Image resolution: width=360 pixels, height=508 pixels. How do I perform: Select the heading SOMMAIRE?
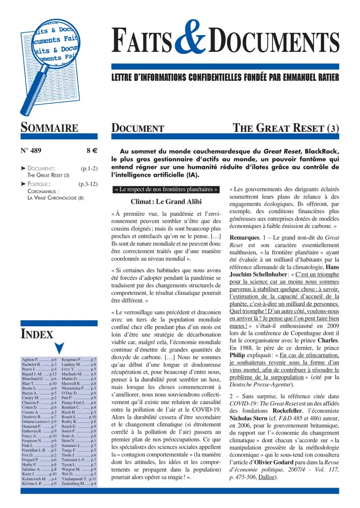click(x=49, y=128)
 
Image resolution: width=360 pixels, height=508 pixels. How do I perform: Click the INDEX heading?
click(x=37, y=334)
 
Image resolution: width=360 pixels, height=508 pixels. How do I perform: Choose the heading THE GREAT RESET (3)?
click(x=286, y=128)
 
